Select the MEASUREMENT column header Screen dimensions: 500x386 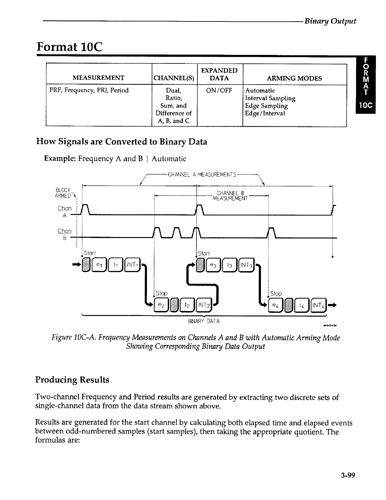pos(98,78)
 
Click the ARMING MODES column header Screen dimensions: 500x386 pos(294,78)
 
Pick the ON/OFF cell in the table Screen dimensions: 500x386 pos(219,91)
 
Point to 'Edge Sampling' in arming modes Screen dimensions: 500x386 pos(266,106)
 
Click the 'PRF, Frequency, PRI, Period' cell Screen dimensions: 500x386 pos(89,90)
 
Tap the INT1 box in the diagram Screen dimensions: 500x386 pos(132,264)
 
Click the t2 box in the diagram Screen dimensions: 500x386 pos(187,305)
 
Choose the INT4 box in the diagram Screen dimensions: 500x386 pos(318,305)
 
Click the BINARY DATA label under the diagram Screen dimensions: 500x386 pos(204,321)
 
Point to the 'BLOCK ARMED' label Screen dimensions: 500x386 pos(63,193)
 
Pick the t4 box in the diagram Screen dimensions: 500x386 pos(301,305)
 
